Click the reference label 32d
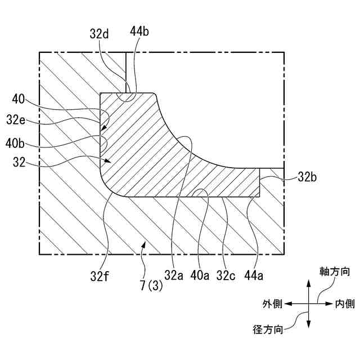100,34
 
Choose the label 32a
174,275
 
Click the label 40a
200,275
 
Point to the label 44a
256,275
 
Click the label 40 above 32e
18,99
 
